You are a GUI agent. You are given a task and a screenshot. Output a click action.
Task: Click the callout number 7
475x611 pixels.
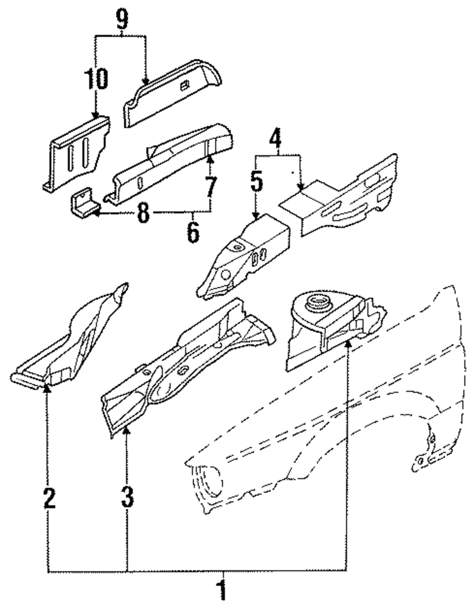pos(211,187)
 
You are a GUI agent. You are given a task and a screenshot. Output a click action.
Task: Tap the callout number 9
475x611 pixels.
pos(122,19)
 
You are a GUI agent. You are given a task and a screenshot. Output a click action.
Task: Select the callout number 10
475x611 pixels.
pos(96,79)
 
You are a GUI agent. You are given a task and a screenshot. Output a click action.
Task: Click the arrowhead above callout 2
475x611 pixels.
pos(47,389)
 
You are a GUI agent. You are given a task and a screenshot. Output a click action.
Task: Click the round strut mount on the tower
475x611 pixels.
pos(319,304)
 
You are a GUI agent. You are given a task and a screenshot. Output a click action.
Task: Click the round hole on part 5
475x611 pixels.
pos(226,275)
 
